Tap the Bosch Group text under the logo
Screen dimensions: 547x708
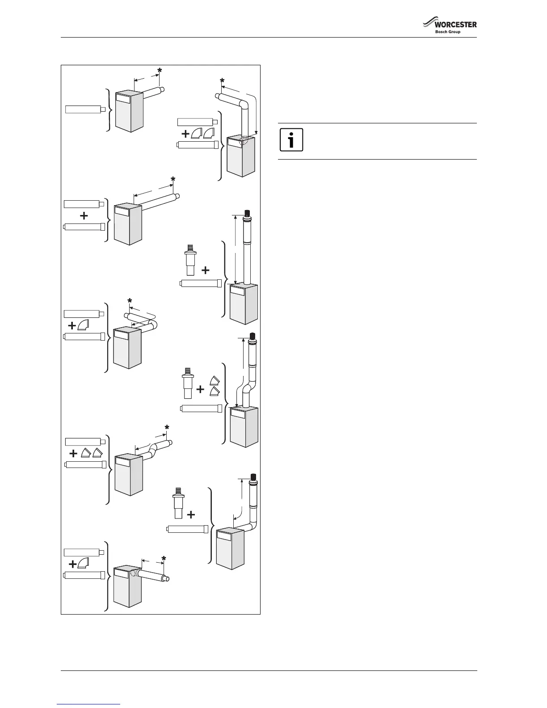pos(448,32)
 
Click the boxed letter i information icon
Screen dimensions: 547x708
pos(291,140)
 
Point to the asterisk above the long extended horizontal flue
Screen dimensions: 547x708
pos(173,180)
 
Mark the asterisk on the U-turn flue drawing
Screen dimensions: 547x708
pos(130,300)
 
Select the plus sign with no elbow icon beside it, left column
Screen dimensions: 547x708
pos(84,216)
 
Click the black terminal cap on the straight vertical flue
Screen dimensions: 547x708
pos(247,213)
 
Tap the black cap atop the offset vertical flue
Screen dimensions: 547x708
pos(253,336)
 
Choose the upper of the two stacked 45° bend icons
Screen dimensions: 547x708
pos(214,381)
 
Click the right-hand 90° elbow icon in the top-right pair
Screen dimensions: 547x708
pos(209,133)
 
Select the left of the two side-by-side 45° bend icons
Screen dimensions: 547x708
pos(85,454)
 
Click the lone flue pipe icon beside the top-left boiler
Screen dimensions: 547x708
pos(85,110)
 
